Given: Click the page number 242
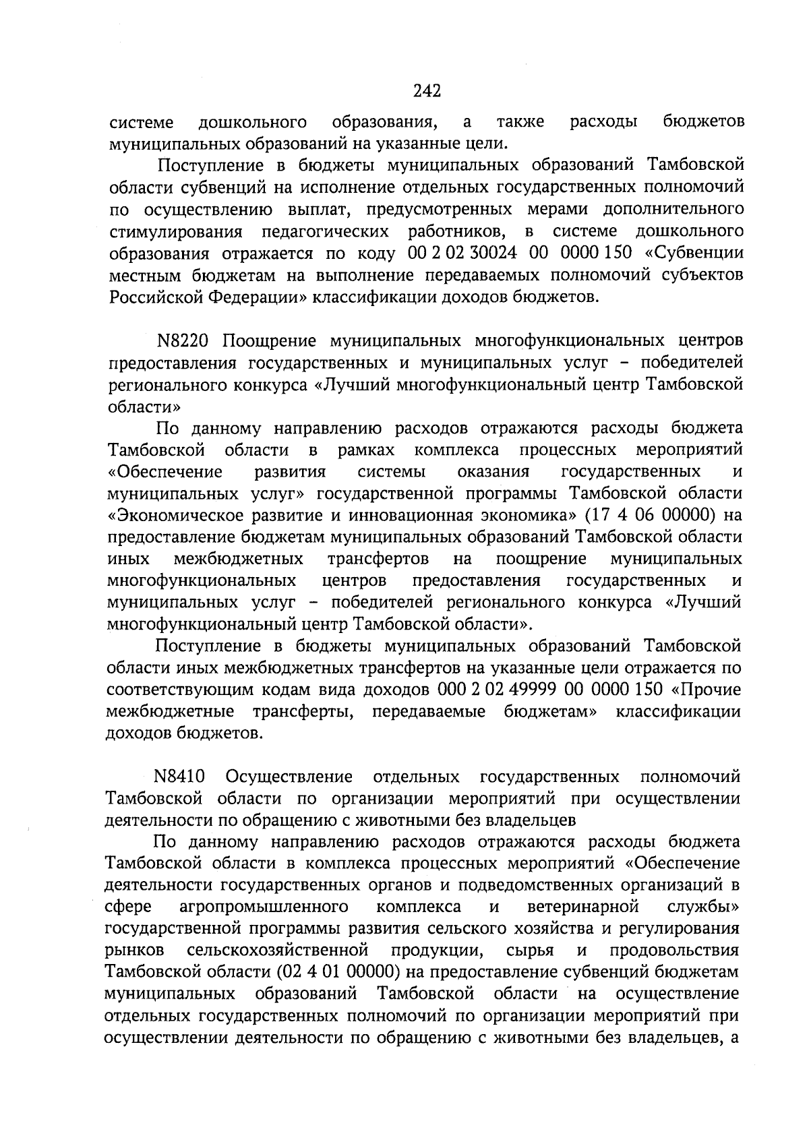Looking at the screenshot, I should tap(427, 90).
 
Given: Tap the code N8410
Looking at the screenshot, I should tap(180, 777).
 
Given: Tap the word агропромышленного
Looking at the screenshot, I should tap(264, 907).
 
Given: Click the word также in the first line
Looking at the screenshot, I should tap(520, 123).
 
